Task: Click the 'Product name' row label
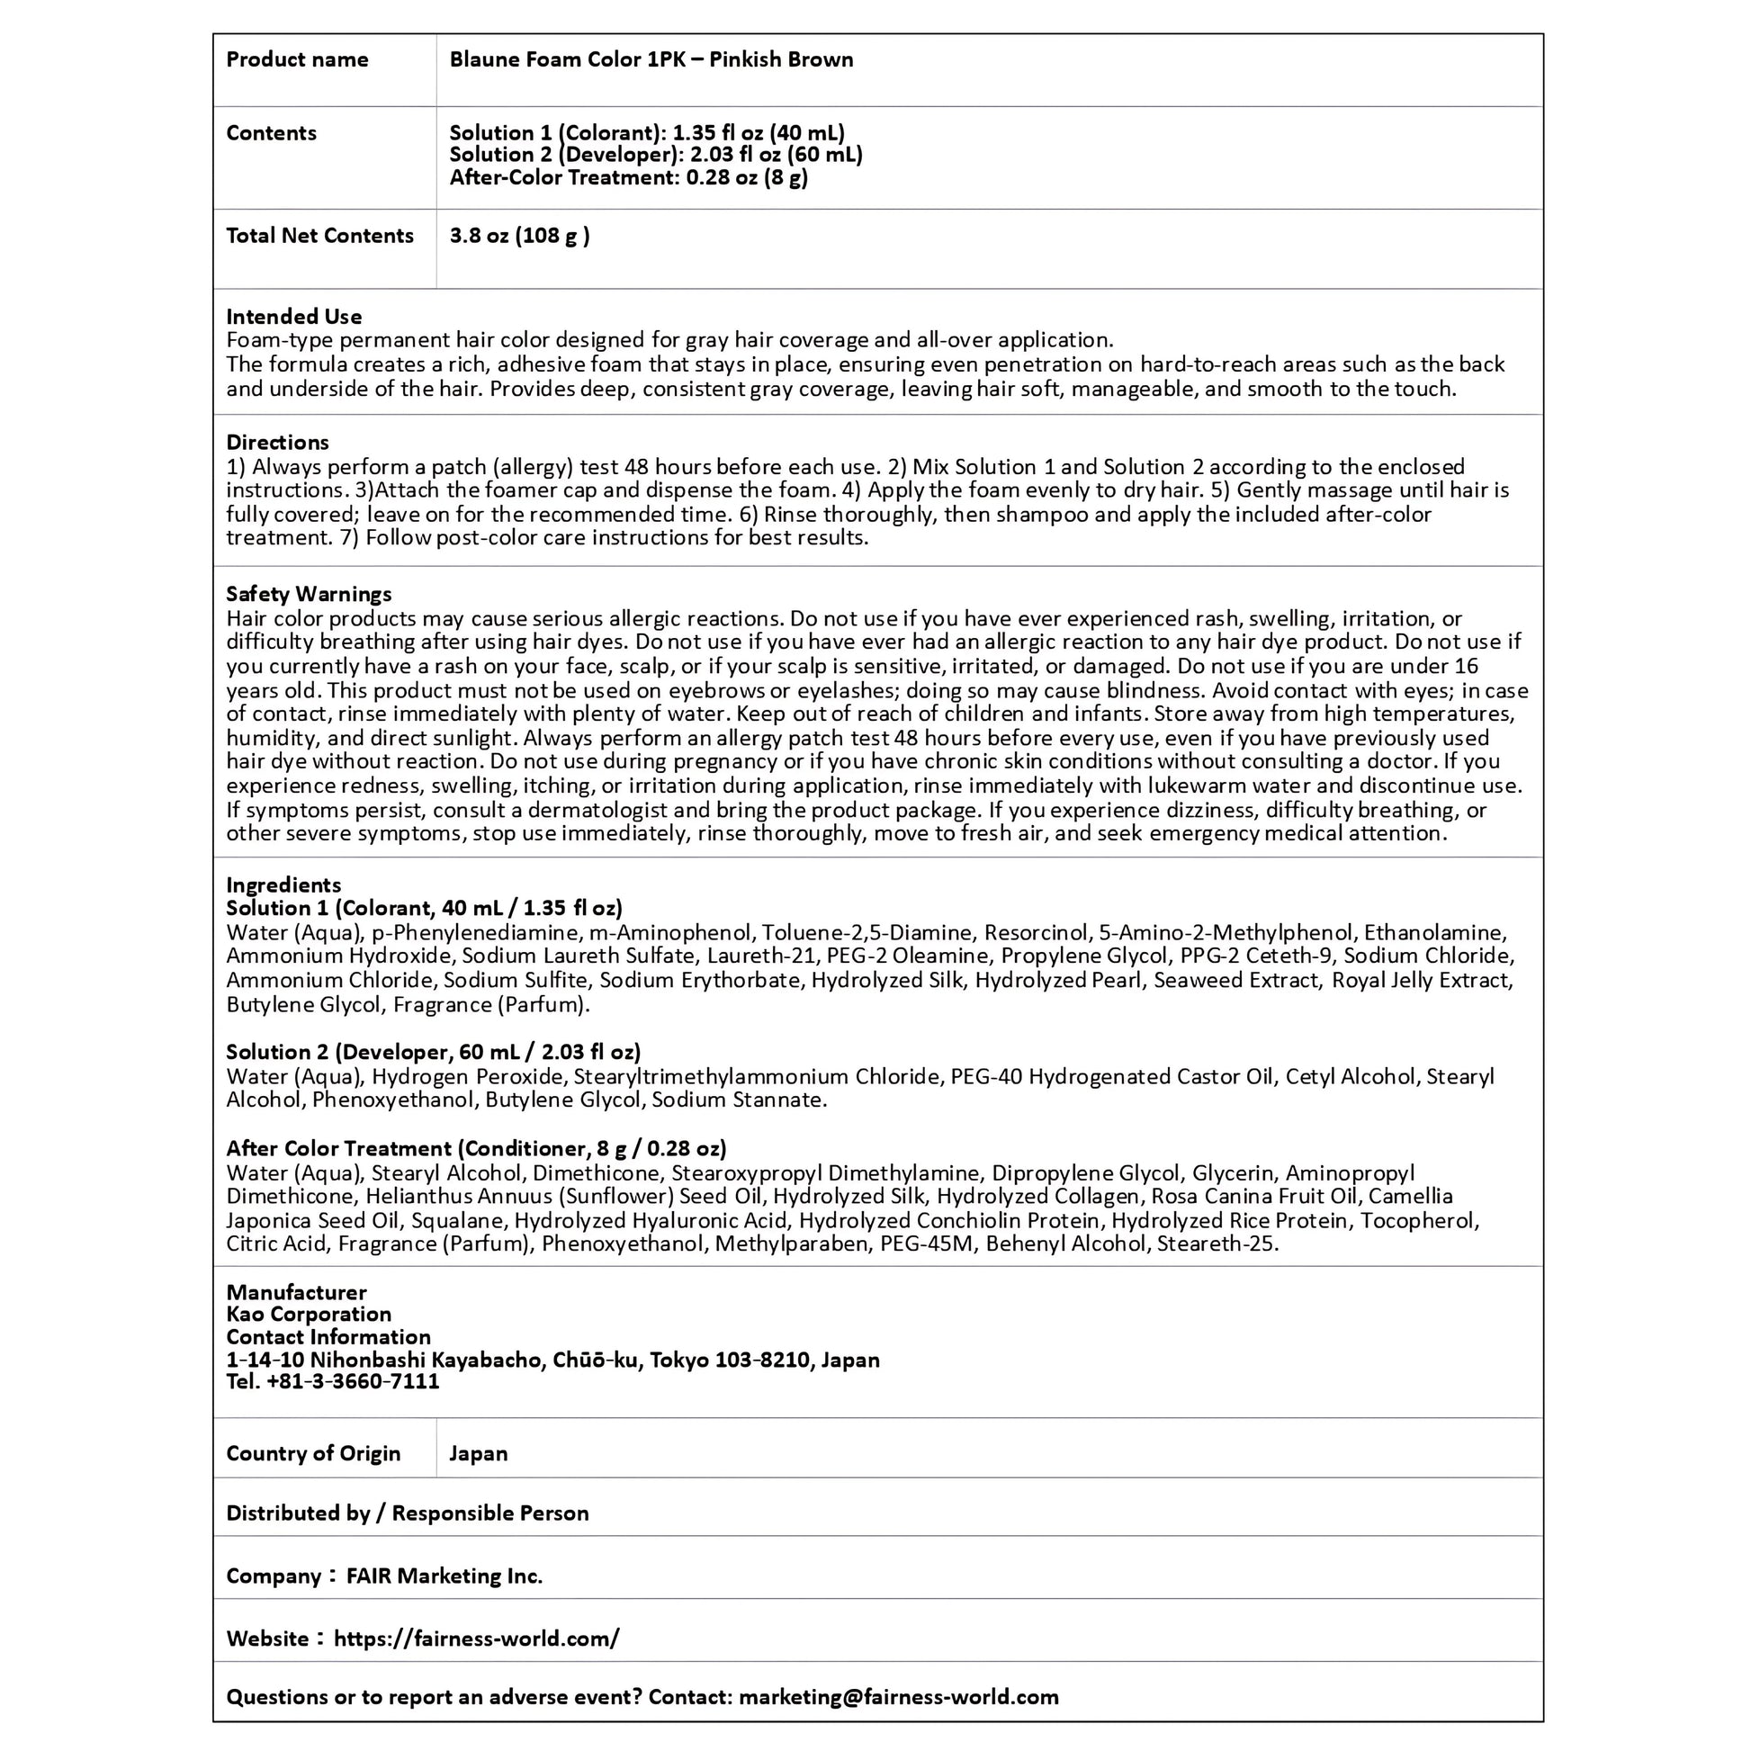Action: pyautogui.click(x=296, y=59)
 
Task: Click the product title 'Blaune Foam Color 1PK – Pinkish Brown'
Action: pyautogui.click(x=651, y=59)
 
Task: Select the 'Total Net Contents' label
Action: pyautogui.click(x=319, y=236)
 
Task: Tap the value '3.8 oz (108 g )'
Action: pyautogui.click(x=519, y=236)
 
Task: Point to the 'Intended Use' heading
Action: pyautogui.click(x=293, y=317)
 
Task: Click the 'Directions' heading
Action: pyautogui.click(x=277, y=443)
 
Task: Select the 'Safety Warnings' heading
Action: pyautogui.click(x=308, y=594)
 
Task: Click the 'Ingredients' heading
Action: pyautogui.click(x=283, y=884)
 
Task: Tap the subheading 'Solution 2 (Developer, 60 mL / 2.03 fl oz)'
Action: pyautogui.click(x=433, y=1052)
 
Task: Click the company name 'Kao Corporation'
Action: pyautogui.click(x=308, y=1315)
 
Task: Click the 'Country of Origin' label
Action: pyautogui.click(x=313, y=1454)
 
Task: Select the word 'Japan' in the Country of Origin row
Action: pyautogui.click(x=478, y=1454)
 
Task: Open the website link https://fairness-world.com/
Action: pyautogui.click(x=477, y=1639)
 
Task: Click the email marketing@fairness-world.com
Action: pyautogui.click(x=898, y=1698)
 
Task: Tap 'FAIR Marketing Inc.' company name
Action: pyautogui.click(x=444, y=1576)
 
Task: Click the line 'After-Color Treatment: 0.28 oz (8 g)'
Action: pyautogui.click(x=628, y=177)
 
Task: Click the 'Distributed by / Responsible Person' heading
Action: pyautogui.click(x=407, y=1513)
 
